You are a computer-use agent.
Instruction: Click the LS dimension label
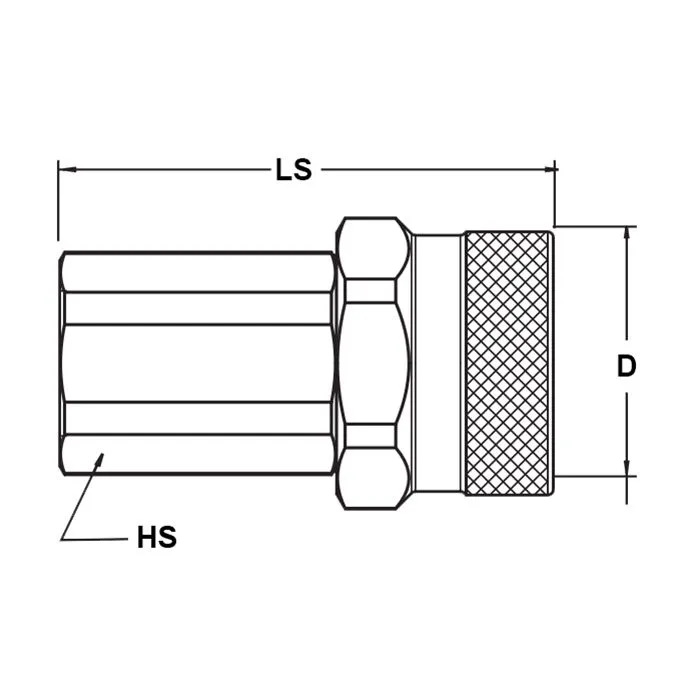[294, 170]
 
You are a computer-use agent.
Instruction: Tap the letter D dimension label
[626, 366]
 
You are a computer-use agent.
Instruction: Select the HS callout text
[156, 537]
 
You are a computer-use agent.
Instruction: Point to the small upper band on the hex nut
[369, 291]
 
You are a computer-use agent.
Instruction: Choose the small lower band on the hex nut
[369, 434]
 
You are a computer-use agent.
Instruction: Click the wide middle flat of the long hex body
[198, 362]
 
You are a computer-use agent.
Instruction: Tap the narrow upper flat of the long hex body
[198, 307]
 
